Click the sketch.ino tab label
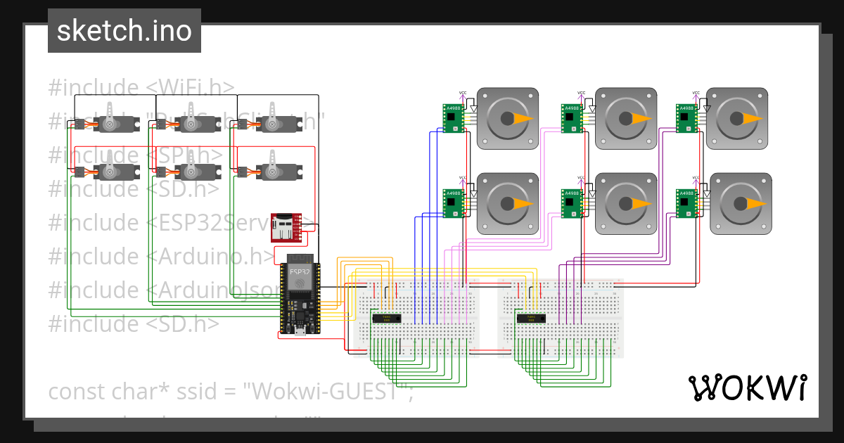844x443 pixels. tap(124, 31)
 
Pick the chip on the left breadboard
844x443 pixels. tap(387, 319)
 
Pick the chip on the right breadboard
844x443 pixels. tap(531, 319)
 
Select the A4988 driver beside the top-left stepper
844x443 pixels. tap(454, 118)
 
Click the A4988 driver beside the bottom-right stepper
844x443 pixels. tap(686, 203)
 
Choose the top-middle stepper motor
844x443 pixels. tap(626, 118)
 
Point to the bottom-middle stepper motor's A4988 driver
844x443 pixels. tap(572, 203)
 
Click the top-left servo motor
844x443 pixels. tap(110, 124)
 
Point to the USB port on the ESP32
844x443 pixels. tap(299, 331)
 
